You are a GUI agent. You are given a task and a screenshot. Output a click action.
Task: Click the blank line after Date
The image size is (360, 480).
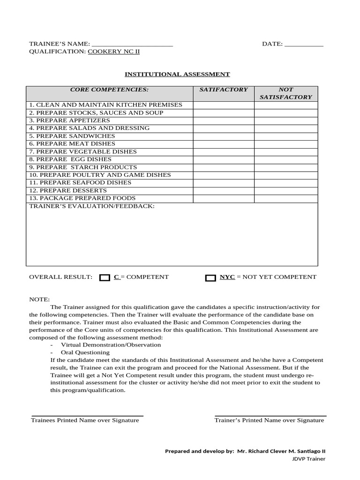(304, 45)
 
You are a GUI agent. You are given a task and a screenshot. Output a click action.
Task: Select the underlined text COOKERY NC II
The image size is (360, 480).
(114, 52)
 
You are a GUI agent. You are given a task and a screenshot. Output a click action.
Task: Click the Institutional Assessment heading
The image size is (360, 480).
(177, 74)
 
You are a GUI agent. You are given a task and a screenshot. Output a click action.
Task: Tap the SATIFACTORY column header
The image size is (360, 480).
(224, 89)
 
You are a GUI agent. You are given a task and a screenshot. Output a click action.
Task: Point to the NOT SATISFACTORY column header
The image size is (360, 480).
(286, 93)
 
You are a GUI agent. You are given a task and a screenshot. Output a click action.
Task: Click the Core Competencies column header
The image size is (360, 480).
(109, 89)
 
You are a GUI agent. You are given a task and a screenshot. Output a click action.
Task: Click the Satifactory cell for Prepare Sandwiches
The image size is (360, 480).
(224, 136)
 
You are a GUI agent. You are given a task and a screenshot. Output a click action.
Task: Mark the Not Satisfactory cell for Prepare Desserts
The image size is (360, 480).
(286, 190)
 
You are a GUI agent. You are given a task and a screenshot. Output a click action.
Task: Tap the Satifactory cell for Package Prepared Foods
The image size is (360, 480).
(224, 198)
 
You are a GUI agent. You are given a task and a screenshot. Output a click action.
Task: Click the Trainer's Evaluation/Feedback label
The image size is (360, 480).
(92, 206)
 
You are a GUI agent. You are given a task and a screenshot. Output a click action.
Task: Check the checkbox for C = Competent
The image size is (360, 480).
(105, 278)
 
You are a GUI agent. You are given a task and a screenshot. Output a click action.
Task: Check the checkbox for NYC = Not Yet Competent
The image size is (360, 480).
(210, 278)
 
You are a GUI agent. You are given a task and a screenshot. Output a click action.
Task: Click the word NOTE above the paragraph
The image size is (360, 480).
(39, 300)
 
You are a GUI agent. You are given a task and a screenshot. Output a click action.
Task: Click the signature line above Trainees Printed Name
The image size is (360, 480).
(87, 416)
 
